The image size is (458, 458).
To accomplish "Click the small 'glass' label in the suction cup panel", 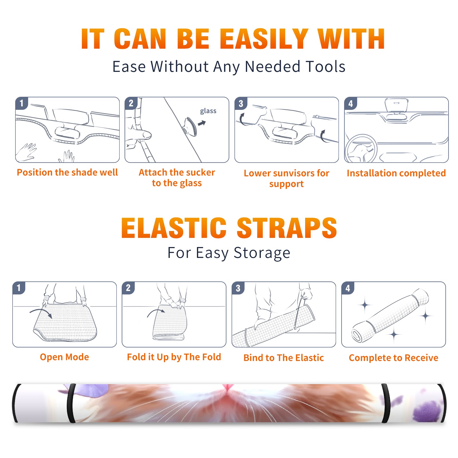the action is pyautogui.click(x=208, y=111).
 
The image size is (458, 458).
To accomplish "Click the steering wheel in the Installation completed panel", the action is pyautogui.click(x=361, y=149).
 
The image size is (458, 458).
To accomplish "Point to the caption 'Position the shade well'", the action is pyautogui.click(x=67, y=172).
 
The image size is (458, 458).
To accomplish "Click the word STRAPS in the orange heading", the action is pyautogui.click(x=287, y=228).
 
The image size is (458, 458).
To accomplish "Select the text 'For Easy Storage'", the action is pyautogui.click(x=229, y=253).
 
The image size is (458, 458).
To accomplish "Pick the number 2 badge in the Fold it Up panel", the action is pyautogui.click(x=128, y=288).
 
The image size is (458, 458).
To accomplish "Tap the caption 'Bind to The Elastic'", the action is pyautogui.click(x=284, y=358).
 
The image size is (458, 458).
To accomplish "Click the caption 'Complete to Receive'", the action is pyautogui.click(x=394, y=358).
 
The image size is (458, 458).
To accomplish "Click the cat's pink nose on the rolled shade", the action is pyautogui.click(x=227, y=388).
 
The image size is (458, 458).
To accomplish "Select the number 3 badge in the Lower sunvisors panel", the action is pyautogui.click(x=241, y=103).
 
